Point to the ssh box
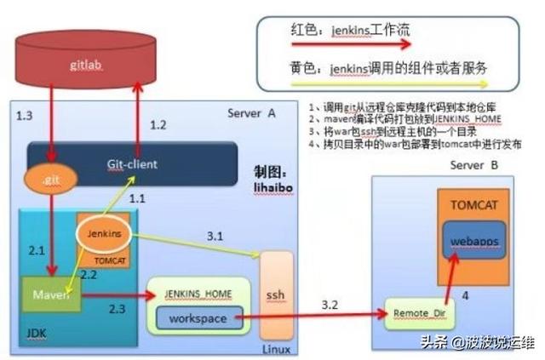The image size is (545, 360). click(275, 294)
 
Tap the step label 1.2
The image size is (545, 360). click(158, 125)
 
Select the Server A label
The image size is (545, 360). click(251, 113)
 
